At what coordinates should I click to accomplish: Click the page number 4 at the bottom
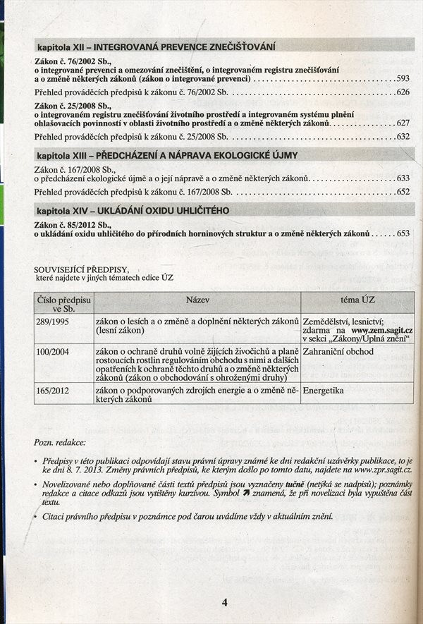tap(224, 602)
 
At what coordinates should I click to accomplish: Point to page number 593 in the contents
tap(403, 79)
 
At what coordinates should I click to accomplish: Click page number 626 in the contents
tap(403, 92)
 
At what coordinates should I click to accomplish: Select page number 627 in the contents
tap(403, 123)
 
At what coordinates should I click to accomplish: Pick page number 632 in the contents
tap(403, 136)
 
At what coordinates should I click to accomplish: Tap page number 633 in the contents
tap(403, 178)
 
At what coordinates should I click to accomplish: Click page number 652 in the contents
tap(403, 192)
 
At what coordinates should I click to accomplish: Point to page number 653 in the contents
tap(403, 233)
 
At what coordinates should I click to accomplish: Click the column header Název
tap(197, 300)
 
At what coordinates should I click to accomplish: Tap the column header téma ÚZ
tap(357, 300)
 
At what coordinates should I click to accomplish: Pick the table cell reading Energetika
tap(324, 389)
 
